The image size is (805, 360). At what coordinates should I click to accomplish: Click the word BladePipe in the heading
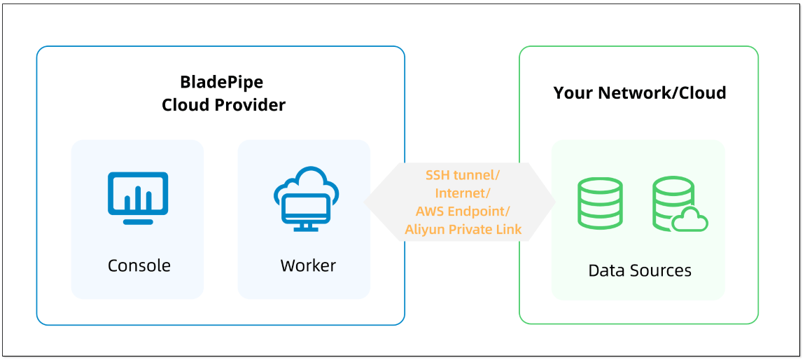(221, 82)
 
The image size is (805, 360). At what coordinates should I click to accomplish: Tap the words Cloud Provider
(223, 105)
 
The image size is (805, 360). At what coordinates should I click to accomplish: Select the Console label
(139, 265)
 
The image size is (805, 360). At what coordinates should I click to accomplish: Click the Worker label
(308, 265)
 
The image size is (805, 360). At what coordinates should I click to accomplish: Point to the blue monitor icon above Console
(138, 198)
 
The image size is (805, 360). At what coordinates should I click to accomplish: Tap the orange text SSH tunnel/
(463, 174)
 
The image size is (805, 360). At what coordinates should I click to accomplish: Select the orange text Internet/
(463, 193)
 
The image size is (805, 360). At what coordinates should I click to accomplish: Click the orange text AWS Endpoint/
(463, 211)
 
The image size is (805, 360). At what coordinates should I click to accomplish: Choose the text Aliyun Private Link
(463, 229)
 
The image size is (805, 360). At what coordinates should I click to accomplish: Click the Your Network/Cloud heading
(640, 93)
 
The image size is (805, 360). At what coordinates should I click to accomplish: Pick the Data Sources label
(640, 270)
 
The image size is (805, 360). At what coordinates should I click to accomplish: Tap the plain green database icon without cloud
(600, 203)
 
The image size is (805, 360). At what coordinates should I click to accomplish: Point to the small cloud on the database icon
(690, 220)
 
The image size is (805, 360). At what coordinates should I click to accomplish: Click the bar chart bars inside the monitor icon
(138, 199)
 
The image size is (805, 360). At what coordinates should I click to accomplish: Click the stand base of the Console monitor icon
(138, 222)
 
